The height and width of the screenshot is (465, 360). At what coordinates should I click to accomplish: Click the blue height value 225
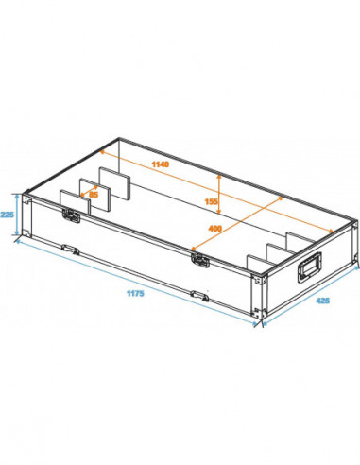tap(9, 214)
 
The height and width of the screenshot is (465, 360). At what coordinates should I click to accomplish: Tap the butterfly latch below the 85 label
tap(70, 216)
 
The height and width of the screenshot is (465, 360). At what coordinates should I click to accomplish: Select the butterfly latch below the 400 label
tap(198, 258)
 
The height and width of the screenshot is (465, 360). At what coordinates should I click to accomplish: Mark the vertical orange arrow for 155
tap(218, 203)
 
